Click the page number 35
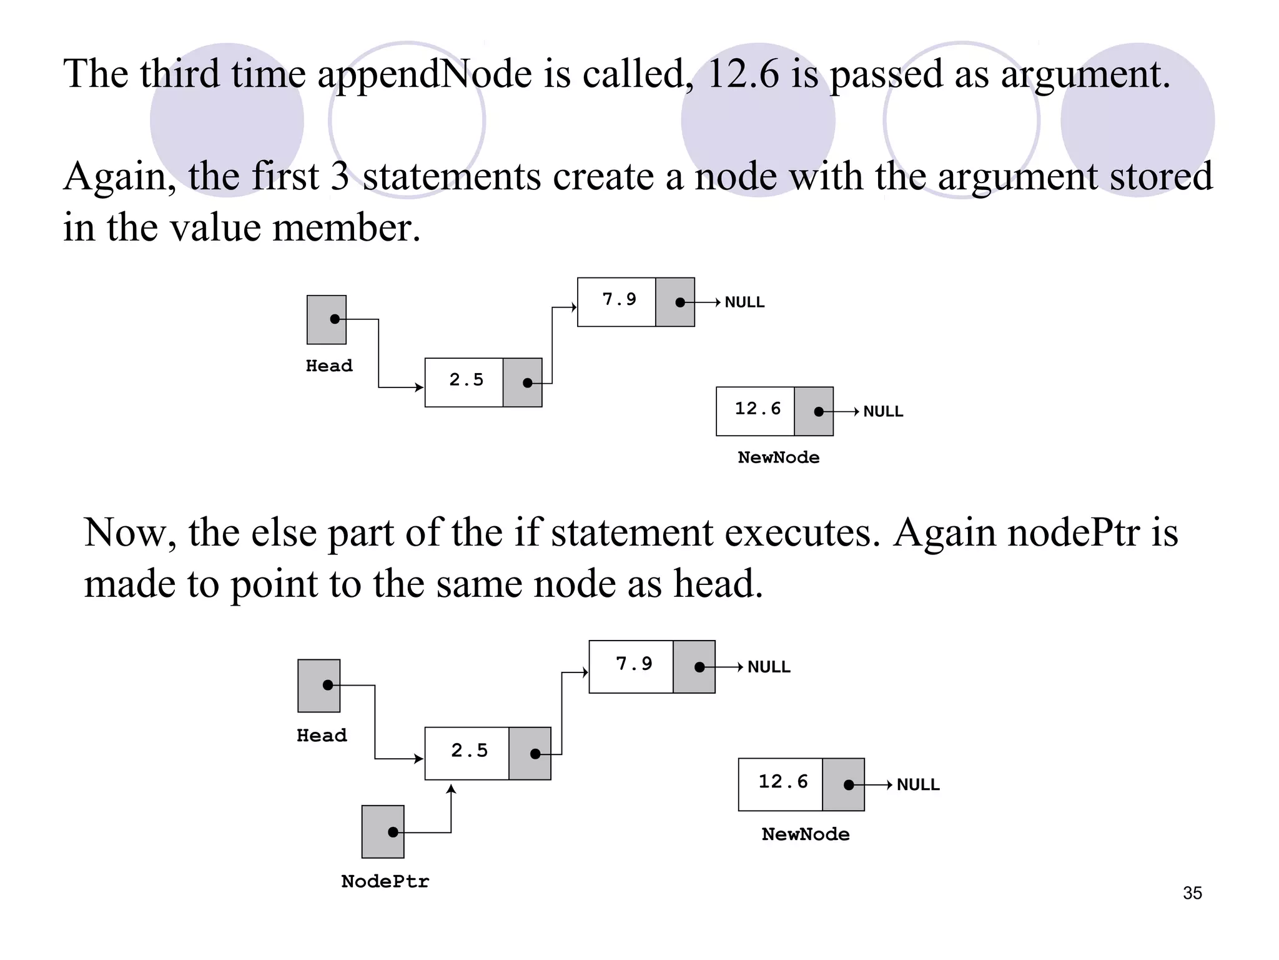pyautogui.click(x=1192, y=892)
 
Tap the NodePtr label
pyautogui.click(x=385, y=881)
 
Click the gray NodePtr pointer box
pyautogui.click(x=383, y=831)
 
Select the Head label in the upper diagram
pyautogui.click(x=329, y=366)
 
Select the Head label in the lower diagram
pyautogui.click(x=322, y=735)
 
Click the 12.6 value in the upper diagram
pyautogui.click(x=757, y=409)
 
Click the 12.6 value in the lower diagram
pyautogui.click(x=783, y=781)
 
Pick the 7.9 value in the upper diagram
pyautogui.click(x=619, y=300)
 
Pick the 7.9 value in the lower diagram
pyautogui.click(x=633, y=664)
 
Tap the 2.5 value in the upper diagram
pyautogui.click(x=466, y=380)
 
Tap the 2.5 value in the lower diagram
pyautogui.click(x=469, y=751)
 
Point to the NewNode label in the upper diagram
pyautogui.click(x=778, y=457)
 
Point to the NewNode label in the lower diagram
pyautogui.click(x=805, y=834)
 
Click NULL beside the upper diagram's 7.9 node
pyautogui.click(x=744, y=302)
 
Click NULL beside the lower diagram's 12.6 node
pyautogui.click(x=917, y=785)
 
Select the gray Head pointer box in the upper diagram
pyautogui.click(x=326, y=319)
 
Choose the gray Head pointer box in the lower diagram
pyautogui.click(x=319, y=686)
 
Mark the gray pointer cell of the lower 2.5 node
pyautogui.click(x=530, y=753)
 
